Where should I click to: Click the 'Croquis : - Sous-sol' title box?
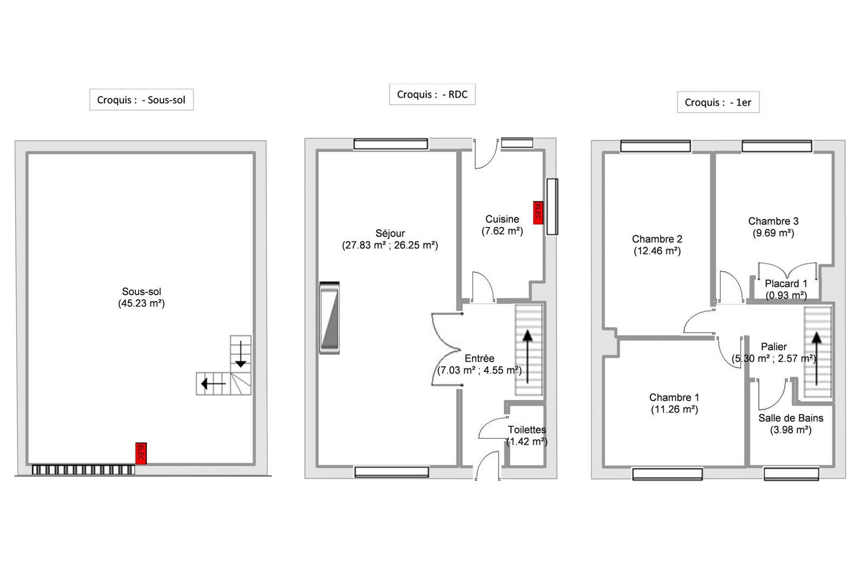(x=141, y=100)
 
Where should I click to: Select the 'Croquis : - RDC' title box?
(x=432, y=94)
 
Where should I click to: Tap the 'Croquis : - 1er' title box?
(x=718, y=102)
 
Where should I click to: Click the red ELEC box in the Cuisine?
(x=538, y=212)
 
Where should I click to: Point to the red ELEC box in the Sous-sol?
(x=141, y=453)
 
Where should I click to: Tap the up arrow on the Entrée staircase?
(x=528, y=357)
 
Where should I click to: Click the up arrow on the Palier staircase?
(x=817, y=358)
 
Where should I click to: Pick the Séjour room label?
(x=391, y=233)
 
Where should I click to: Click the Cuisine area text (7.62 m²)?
(x=502, y=231)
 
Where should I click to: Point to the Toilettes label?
(x=526, y=430)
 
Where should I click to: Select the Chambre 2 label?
(x=657, y=239)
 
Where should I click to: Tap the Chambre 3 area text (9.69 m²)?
(x=773, y=233)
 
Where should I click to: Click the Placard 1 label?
(x=786, y=284)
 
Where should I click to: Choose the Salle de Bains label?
(x=791, y=418)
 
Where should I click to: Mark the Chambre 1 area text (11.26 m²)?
(x=675, y=409)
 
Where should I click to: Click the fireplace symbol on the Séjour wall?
(x=330, y=317)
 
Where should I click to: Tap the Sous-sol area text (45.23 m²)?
(x=141, y=303)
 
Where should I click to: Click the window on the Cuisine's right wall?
(x=552, y=206)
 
